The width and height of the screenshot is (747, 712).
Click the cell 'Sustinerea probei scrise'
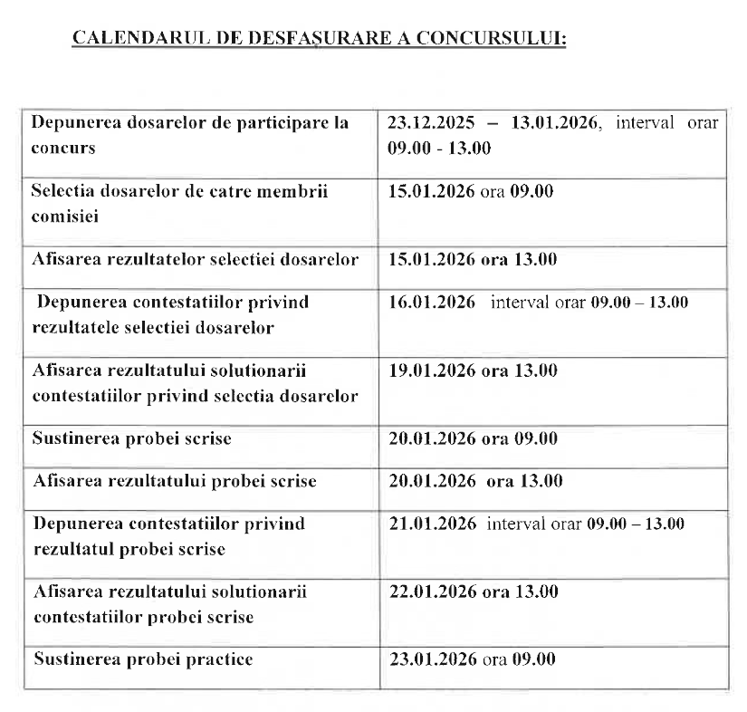point(132,438)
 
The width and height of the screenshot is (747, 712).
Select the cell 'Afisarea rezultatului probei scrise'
point(175,481)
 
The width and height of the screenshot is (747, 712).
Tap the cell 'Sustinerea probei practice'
point(143,659)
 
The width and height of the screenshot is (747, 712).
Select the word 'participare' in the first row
point(257,123)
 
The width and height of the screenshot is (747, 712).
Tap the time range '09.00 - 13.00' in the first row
point(439,148)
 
